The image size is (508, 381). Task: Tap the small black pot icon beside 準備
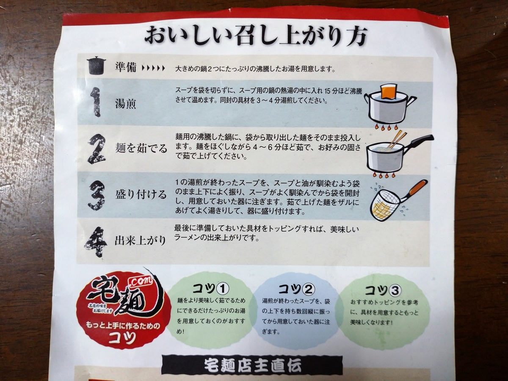96,66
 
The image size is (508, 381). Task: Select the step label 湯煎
126,103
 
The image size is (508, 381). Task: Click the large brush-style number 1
95,102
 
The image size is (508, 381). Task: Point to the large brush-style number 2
96,149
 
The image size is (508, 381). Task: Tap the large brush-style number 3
96,195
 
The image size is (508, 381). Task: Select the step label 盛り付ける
141,195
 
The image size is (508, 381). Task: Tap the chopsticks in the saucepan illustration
396,140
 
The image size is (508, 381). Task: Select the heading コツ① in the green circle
211,288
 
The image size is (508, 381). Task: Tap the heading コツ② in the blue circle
296,289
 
